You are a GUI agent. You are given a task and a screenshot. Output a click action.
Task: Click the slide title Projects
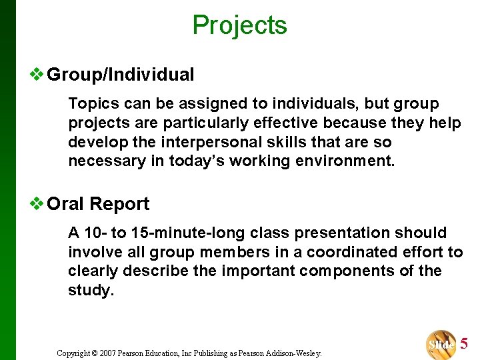pyautogui.click(x=239, y=25)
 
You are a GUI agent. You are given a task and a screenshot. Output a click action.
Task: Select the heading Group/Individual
pyautogui.click(x=121, y=75)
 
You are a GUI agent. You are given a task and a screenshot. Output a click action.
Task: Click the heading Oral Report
pyautogui.click(x=98, y=204)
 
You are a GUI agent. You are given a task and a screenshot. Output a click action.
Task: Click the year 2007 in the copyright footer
pyautogui.click(x=108, y=353)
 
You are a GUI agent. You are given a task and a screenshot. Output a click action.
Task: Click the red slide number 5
pyautogui.click(x=464, y=344)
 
